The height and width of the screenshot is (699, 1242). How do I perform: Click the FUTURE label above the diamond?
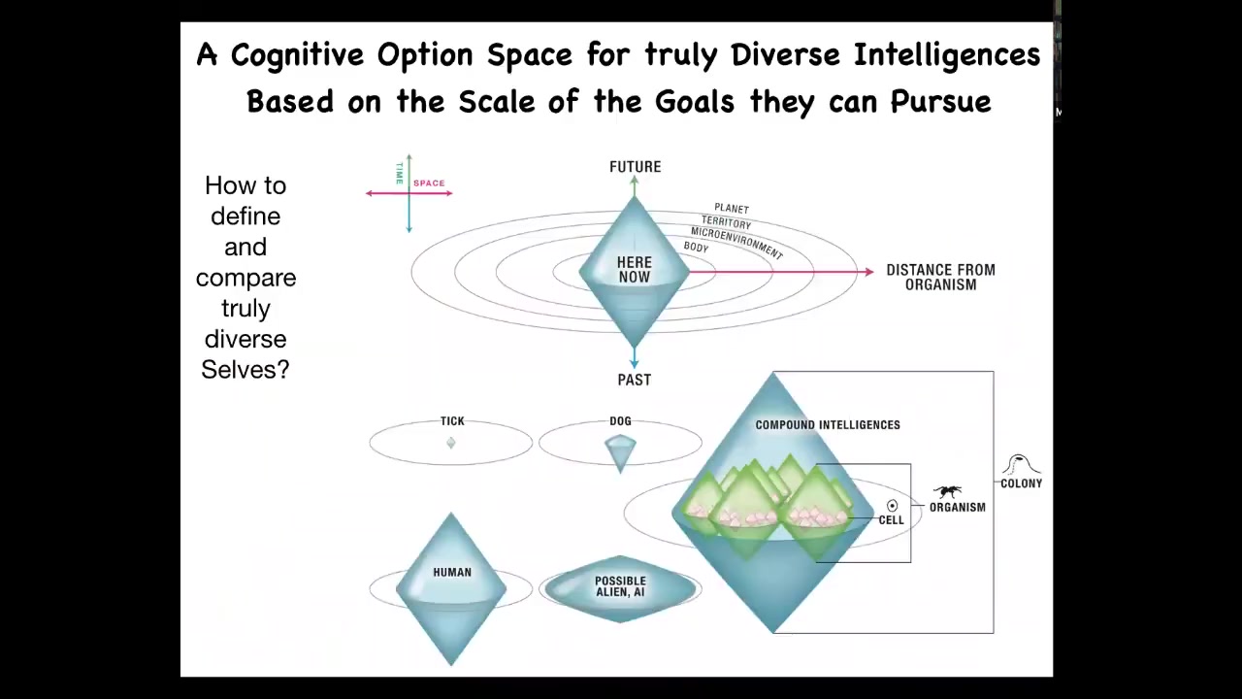click(635, 167)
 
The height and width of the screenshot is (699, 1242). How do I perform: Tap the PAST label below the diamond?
click(635, 380)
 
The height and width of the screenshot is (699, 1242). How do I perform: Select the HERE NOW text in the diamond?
click(635, 270)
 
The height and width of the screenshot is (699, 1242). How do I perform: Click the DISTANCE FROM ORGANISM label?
click(940, 278)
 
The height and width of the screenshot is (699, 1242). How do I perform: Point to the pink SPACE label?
click(429, 183)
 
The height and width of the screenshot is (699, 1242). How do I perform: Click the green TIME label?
click(399, 173)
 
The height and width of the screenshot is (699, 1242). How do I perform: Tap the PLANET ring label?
click(732, 209)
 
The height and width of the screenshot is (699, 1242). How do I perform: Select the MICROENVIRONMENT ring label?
click(736, 243)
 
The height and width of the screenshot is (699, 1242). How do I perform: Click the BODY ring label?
click(696, 248)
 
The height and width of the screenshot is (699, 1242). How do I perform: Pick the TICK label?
click(452, 421)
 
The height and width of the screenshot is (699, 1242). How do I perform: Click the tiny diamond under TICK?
click(451, 443)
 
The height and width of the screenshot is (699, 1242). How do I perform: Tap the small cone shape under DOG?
click(620, 453)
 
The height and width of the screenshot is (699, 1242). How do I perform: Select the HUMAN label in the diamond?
click(452, 573)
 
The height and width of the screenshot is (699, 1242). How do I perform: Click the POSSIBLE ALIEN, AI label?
click(620, 586)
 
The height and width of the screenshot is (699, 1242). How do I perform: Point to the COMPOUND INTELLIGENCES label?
click(828, 425)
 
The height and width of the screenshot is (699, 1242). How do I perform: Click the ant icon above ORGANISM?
click(948, 491)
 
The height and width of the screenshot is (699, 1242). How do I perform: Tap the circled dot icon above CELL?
click(892, 506)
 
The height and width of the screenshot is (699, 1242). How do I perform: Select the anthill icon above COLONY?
click(1020, 465)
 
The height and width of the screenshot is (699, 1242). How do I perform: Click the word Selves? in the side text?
click(245, 370)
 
